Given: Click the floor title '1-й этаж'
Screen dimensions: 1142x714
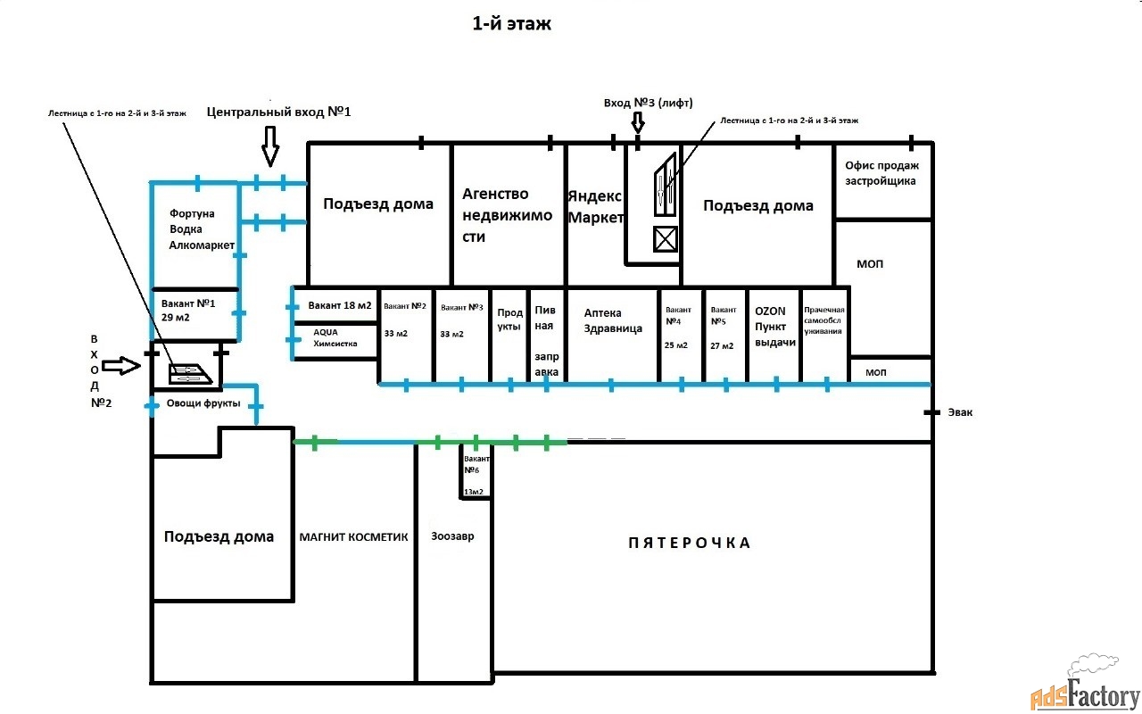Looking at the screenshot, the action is pos(511,23).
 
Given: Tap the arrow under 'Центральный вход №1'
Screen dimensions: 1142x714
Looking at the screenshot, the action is pos(270,146).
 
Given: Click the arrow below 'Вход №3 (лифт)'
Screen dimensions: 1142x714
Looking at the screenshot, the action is pos(638,123).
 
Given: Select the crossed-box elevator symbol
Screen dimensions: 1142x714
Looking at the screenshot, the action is pos(666,238).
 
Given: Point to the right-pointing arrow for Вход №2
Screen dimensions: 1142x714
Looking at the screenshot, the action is pos(120,365).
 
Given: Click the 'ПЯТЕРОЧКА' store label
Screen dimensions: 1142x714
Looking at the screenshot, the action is pos(690,543).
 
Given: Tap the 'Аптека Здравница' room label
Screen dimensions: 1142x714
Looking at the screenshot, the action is pos(612,320).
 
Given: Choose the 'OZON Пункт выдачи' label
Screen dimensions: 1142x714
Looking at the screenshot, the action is pos(775,327).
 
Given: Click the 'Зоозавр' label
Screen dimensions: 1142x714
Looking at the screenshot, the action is pos(452,536).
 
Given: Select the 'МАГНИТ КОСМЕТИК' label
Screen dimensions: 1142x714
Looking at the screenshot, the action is pos(353,537).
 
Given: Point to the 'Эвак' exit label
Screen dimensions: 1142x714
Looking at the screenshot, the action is pos(960,412).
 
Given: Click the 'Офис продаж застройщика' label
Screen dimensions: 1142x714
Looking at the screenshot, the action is pos(881,173).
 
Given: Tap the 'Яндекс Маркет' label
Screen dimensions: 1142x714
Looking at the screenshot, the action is pos(595,206).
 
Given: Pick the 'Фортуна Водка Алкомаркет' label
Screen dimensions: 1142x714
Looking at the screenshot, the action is pos(202,229).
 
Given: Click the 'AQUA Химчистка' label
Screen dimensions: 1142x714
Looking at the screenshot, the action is pos(335,337).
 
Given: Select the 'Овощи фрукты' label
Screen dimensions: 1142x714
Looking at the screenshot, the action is pos(203,403).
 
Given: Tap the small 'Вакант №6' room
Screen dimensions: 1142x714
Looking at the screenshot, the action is pos(476,473).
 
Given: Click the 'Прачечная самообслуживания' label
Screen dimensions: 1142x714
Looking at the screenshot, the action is pos(823,320).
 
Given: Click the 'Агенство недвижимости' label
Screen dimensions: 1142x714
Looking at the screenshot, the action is pos(507,215).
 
